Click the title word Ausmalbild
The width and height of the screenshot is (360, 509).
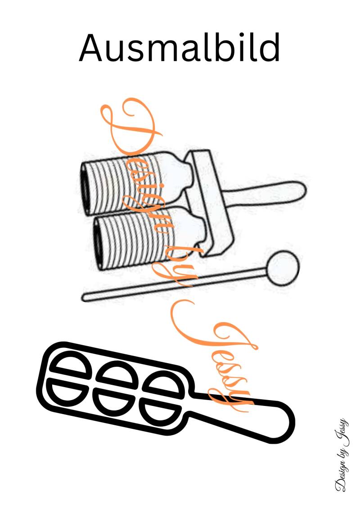pyautogui.click(x=179, y=47)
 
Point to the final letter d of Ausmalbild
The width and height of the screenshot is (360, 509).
pyautogui.click(x=269, y=47)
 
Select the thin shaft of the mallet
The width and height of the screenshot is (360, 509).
pyautogui.click(x=175, y=283)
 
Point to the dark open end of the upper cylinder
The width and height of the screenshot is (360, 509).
pyautogui.click(x=85, y=188)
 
